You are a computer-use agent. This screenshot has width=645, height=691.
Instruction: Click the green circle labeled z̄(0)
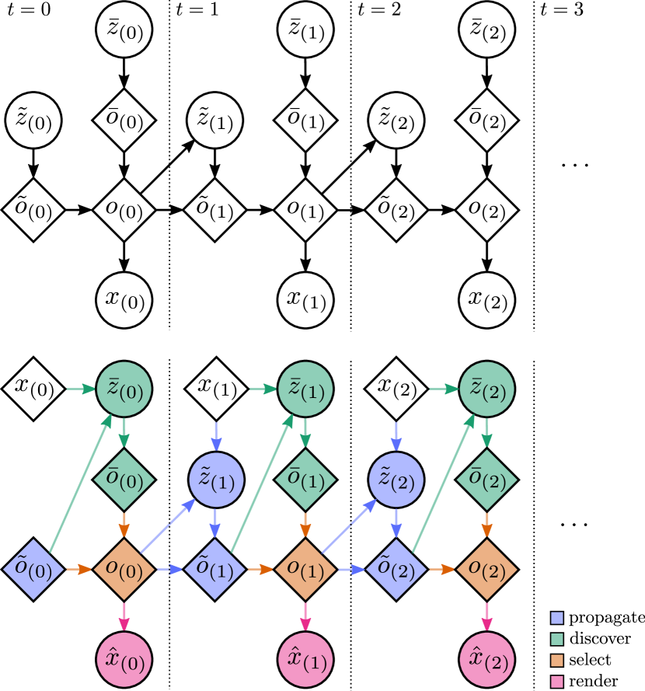point(124,389)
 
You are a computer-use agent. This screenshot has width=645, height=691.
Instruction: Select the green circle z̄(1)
point(305,389)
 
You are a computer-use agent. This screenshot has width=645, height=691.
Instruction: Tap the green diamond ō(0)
point(124,480)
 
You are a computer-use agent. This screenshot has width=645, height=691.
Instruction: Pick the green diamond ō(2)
point(486,480)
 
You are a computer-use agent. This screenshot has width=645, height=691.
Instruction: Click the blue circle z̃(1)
point(216,480)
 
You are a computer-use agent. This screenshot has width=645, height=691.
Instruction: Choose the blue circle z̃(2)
point(396,480)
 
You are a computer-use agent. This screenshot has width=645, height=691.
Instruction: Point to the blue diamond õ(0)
point(33,569)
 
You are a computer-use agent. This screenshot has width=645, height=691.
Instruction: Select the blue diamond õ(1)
point(215,569)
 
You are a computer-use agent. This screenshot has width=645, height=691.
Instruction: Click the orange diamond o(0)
point(124,569)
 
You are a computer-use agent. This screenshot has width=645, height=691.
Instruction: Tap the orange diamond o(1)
point(305,569)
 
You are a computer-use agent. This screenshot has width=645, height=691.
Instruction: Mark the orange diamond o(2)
point(486,569)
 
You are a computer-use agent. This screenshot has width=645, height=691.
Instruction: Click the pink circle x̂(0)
point(124,659)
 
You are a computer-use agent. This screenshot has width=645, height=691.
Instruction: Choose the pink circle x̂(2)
point(486,659)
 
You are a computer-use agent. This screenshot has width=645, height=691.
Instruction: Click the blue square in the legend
point(556,618)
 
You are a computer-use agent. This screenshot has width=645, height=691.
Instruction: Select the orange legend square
point(556,661)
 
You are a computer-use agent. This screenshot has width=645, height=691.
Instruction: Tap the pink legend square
point(556,682)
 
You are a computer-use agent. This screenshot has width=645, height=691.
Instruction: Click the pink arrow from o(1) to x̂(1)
point(305,616)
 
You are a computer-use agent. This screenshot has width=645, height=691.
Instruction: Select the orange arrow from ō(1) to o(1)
point(305,525)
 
